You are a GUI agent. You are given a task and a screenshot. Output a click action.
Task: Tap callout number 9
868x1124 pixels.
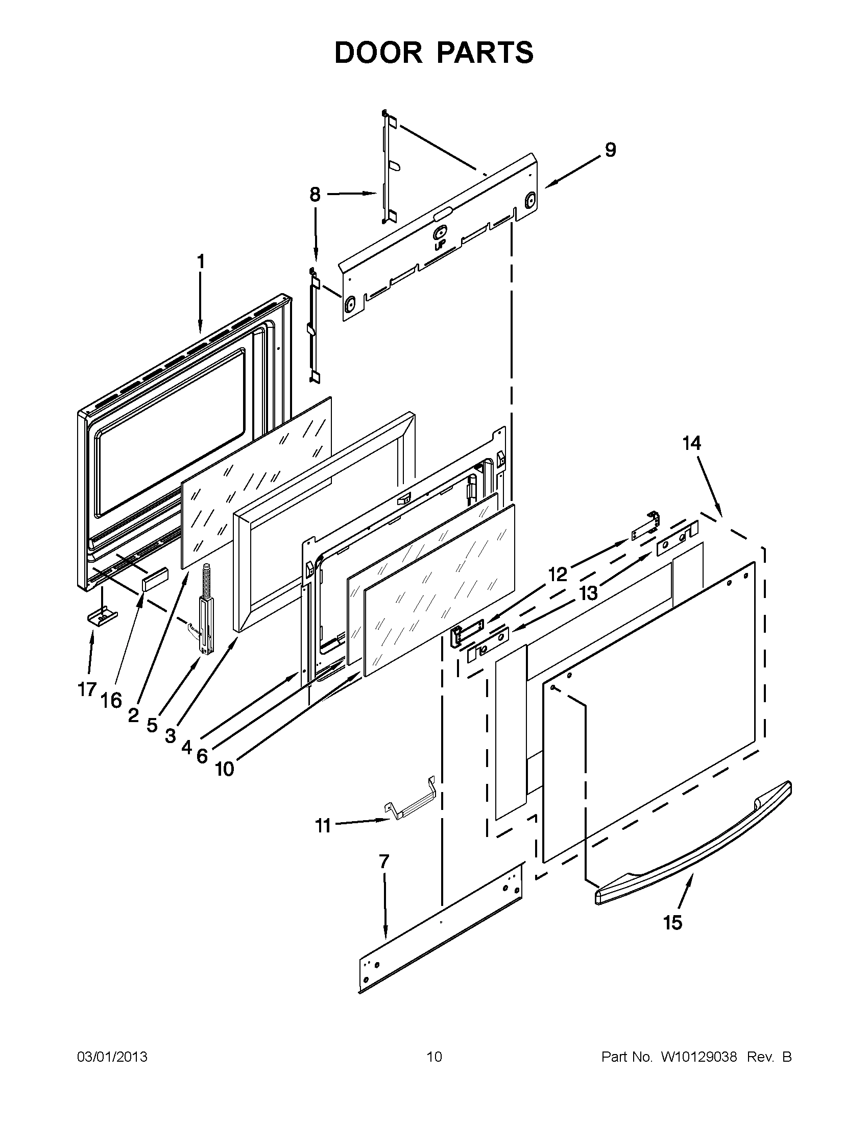[610, 150]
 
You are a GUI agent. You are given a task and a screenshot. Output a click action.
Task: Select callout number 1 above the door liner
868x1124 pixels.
[201, 261]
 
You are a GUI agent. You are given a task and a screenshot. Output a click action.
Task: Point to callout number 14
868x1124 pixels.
[691, 443]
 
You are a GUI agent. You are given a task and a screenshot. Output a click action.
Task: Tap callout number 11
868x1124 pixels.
[323, 826]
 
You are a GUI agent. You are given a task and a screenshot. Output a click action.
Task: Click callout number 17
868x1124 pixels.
[87, 689]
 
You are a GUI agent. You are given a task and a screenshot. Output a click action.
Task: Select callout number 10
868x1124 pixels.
[224, 783]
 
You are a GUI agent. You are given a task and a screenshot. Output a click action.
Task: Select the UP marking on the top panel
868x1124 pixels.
[440, 246]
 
